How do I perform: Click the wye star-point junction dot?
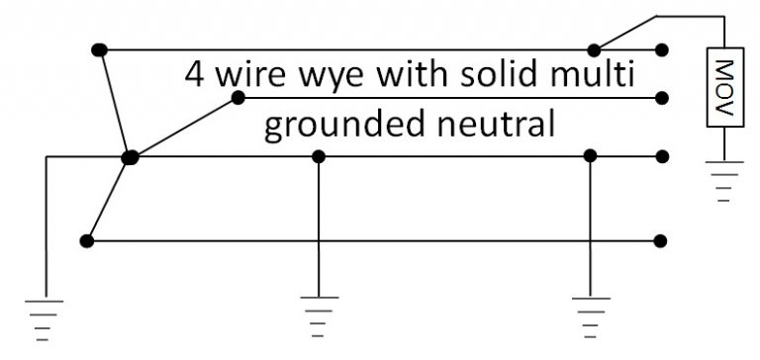pos(129,156)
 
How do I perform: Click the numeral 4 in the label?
pos(195,76)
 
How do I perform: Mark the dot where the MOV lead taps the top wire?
pos(595,49)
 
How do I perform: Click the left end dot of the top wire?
pos(97,49)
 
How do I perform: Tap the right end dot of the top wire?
pos(660,49)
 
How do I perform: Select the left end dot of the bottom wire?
pos(87,240)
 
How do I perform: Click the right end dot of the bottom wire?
pos(660,240)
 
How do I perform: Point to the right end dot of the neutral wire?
pos(660,156)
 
